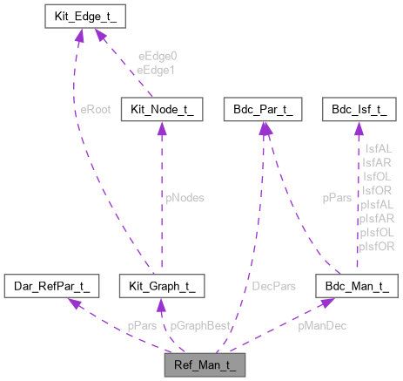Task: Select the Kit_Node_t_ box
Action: [x=167, y=110]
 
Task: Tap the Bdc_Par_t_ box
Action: [x=261, y=110]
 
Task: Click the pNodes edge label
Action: [x=185, y=198]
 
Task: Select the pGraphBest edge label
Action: [x=200, y=325]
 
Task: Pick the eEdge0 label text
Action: [x=158, y=55]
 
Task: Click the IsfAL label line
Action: [x=379, y=150]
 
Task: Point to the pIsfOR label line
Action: [x=378, y=247]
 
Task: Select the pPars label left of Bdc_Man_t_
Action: [x=336, y=198]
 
